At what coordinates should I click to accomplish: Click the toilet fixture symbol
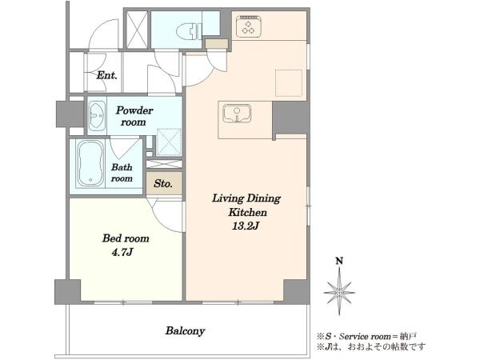[x=189, y=30]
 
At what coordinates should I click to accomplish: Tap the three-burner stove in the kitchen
[x=249, y=26]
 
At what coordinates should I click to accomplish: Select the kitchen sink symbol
[x=237, y=114]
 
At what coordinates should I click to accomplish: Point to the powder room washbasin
[x=97, y=115]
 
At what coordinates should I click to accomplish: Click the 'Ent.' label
[x=107, y=75]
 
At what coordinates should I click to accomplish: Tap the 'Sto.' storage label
[x=163, y=183]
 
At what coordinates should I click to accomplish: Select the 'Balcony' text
[x=185, y=331]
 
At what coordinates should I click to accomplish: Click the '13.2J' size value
[x=246, y=226]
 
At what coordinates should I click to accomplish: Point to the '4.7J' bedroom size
[x=122, y=252]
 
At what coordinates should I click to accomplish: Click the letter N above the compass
[x=339, y=261]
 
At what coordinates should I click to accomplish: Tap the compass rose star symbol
[x=339, y=292]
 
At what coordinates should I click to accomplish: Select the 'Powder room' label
[x=134, y=116]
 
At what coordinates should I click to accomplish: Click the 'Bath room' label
[x=122, y=173]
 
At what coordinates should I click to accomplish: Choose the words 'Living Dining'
[x=246, y=198]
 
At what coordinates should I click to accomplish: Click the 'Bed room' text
[x=126, y=238]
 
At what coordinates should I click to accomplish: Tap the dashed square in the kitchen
[x=289, y=82]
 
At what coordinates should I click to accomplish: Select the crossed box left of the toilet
[x=137, y=30]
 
